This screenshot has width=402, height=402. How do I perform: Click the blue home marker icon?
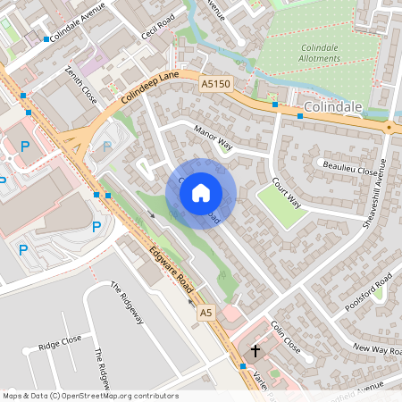click(201, 193)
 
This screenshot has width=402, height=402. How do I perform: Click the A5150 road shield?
click(214, 84)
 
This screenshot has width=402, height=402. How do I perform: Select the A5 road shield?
click(206, 312)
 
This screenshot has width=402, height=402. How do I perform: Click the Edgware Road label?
click(172, 271)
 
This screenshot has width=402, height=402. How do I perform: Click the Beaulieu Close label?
click(349, 168)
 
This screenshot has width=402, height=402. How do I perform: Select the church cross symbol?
click(255, 351)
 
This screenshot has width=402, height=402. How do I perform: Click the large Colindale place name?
click(332, 107)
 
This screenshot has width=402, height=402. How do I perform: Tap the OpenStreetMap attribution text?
click(89, 396)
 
